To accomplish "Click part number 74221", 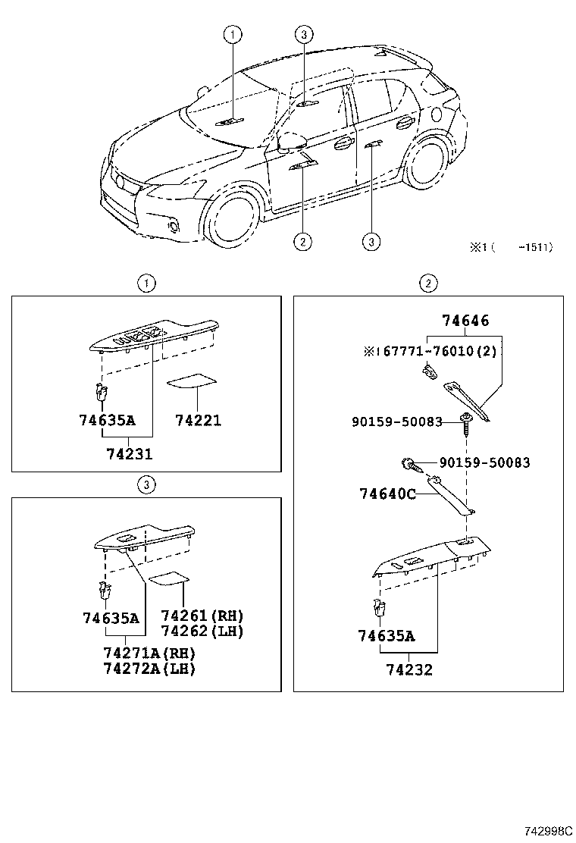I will coord(198,420).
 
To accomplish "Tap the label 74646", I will coord(465,321).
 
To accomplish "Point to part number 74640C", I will coord(387,494).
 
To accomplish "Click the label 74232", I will coord(409,670).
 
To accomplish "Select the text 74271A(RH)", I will coord(149,653).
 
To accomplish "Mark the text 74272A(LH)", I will coord(149,669).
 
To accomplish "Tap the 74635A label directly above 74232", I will coord(387,636).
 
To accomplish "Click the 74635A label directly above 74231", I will coord(107,420).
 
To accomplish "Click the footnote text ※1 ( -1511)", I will coord(512,246).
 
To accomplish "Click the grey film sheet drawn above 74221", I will coord(189,380).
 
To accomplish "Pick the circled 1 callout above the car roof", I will coord(233,33).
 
